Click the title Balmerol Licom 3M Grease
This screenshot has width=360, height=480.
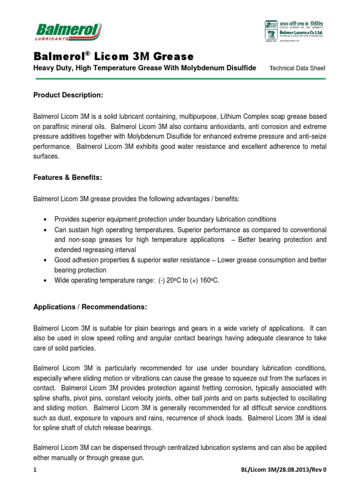tap(113, 57)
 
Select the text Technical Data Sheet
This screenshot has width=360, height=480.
tap(298, 68)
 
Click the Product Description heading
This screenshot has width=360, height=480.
tap(68, 95)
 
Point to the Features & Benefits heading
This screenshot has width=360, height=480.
tap(67, 179)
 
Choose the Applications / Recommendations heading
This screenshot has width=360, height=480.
tap(90, 307)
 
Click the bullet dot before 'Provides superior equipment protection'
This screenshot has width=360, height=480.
tap(45, 219)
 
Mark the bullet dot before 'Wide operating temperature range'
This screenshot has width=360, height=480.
tap(45, 280)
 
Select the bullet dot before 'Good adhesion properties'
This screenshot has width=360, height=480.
tap(45, 260)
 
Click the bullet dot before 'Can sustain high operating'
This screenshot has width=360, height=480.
tap(45, 230)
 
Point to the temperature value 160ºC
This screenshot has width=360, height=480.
tap(210, 280)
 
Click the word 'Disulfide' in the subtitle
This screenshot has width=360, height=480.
tap(240, 68)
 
